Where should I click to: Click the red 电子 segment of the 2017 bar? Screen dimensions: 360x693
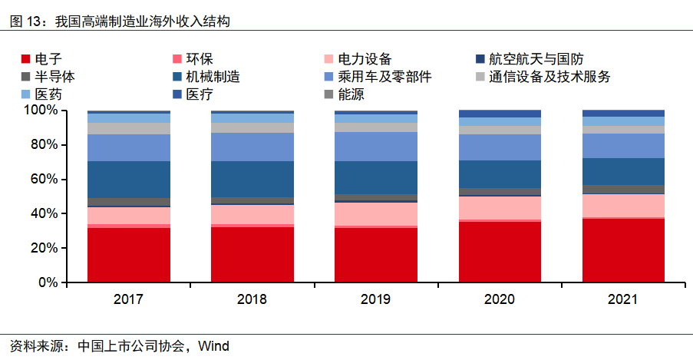(129, 255)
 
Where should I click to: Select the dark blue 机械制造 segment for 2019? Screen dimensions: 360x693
(375, 177)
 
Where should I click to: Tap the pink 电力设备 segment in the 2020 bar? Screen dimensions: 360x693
(500, 207)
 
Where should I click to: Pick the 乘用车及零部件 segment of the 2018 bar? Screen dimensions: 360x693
(252, 147)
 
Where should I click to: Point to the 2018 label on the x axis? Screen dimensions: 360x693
(252, 299)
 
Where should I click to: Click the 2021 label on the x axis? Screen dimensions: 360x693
(623, 299)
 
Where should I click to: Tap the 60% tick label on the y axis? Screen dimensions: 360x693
(43, 180)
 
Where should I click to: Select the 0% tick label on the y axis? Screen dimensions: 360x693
(47, 282)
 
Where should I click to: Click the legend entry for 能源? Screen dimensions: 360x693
(350, 94)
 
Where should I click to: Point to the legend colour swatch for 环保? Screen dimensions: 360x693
(178, 59)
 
